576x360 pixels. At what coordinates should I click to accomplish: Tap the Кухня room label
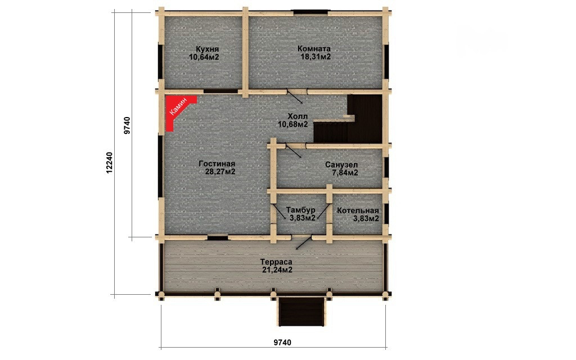point(207,49)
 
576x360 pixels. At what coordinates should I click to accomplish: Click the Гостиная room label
point(217,164)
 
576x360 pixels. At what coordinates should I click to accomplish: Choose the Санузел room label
point(341,165)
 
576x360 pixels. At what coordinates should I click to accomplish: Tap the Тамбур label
point(300,210)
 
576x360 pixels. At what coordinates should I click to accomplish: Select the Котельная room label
point(358,211)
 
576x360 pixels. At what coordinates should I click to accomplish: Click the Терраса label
point(276,262)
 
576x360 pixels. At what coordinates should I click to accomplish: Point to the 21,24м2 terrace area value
point(277,271)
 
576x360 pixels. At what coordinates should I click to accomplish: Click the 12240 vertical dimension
point(109,163)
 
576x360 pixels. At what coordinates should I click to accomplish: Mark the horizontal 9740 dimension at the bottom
point(282,343)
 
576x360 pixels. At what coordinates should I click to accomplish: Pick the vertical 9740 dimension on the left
point(127,125)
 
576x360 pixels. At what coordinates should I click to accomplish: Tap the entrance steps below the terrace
point(301,312)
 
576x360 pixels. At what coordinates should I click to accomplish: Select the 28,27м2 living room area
point(220,172)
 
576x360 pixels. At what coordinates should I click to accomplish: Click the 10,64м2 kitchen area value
point(204,57)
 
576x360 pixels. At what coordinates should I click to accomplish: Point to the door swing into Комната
point(295,97)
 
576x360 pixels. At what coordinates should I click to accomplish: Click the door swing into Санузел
point(294,151)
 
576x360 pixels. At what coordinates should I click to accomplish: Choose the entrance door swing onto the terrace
point(304,242)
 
